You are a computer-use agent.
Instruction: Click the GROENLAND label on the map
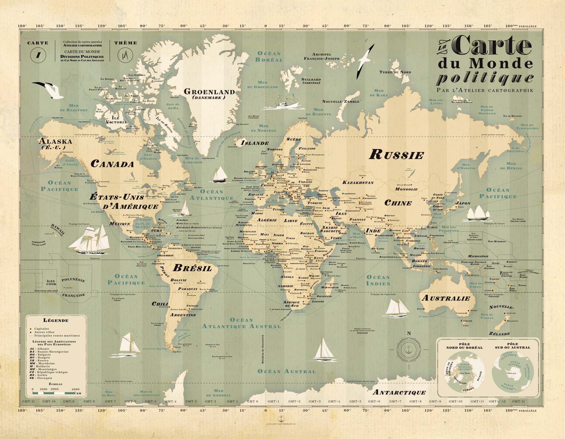tap(209, 92)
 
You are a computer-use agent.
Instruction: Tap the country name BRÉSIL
tap(192, 268)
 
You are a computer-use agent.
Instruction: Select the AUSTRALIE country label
tap(446, 298)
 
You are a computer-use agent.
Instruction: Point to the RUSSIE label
tap(396, 155)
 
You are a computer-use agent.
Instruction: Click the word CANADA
tap(112, 164)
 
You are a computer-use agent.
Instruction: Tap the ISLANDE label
tap(255, 143)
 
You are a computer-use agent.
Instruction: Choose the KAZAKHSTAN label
tap(358, 182)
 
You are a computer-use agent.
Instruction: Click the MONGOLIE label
tap(406, 189)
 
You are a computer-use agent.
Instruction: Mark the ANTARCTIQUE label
tap(399, 392)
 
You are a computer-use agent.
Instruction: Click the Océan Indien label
tap(378, 280)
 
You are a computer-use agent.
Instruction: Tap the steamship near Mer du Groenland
tap(283, 102)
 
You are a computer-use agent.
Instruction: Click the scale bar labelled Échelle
tap(56, 393)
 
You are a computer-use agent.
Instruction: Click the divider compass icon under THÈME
tap(125, 55)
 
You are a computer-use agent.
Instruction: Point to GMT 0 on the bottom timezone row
tap(252, 401)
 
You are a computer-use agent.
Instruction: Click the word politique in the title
tap(485, 78)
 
